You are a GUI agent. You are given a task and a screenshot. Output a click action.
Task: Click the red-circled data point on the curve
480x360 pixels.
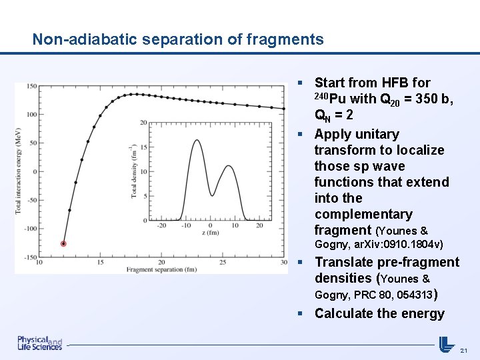click(63, 244)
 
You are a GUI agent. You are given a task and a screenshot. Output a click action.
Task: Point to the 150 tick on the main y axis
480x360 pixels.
click(31, 86)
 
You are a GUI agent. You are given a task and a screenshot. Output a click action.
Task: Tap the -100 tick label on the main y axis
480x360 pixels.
click(29, 229)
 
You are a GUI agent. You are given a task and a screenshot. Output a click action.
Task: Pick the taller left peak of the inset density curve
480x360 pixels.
click(196, 140)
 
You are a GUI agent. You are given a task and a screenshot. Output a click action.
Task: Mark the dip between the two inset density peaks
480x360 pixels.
click(212, 195)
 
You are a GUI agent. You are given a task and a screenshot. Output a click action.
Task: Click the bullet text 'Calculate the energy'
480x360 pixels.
click(379, 313)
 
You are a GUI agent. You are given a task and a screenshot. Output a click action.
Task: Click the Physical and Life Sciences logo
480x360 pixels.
click(40, 343)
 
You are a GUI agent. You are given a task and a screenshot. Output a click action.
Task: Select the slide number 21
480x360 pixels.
click(465, 350)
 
